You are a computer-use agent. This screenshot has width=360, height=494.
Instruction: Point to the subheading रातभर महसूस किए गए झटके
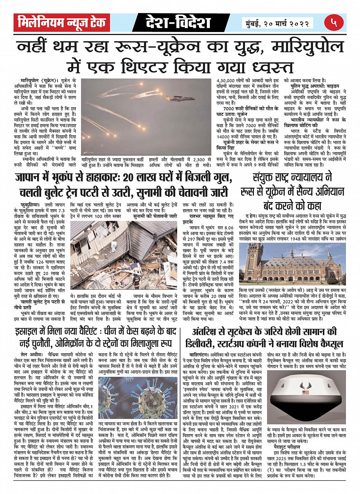point(202,216)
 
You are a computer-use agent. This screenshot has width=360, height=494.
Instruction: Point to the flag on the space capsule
point(305,392)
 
